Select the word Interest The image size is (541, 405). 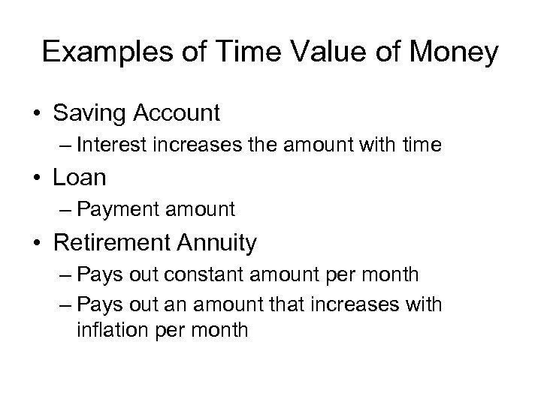[129, 145]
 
